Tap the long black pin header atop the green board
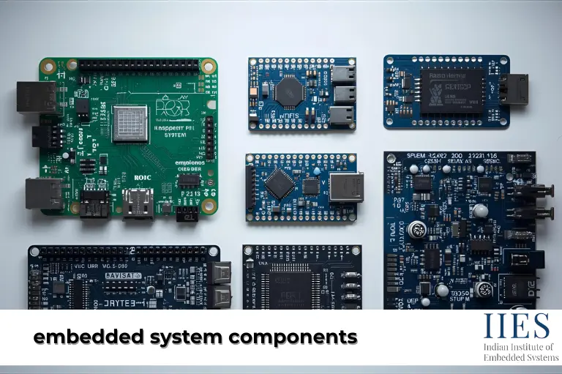click(139, 64)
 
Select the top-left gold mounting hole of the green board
click(48, 66)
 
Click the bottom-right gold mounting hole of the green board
click(209, 206)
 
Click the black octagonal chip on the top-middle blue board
click(288, 91)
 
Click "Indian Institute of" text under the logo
click(519, 346)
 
